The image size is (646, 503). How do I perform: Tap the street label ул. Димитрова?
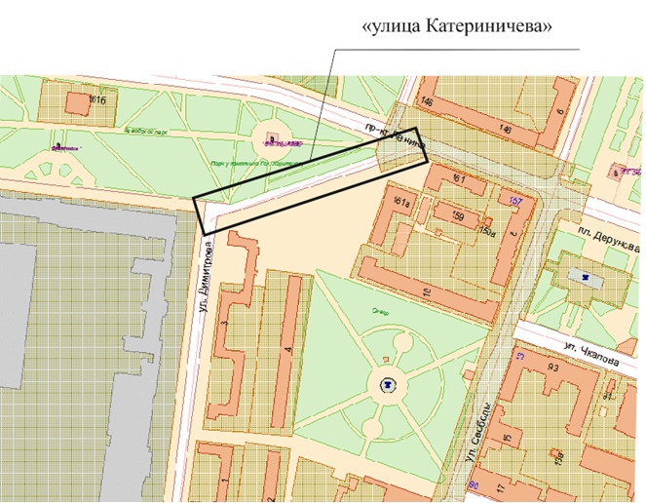207,268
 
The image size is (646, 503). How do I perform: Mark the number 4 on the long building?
286,348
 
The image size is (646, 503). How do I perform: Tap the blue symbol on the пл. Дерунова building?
585,278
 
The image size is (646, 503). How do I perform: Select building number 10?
426,291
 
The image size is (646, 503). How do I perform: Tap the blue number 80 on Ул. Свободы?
475,484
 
